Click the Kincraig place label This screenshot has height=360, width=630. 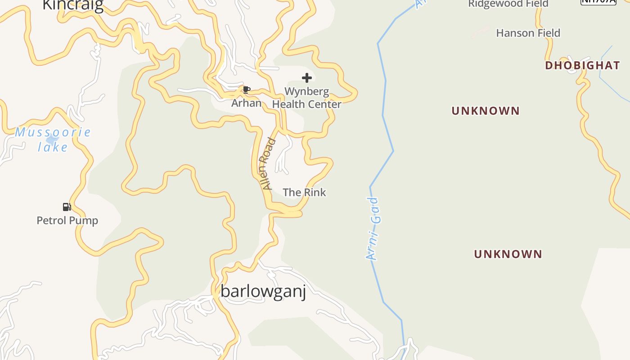(73, 4)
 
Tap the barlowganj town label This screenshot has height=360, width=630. (263, 292)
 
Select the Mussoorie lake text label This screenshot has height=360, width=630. (53, 139)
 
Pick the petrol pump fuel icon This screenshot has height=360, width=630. (67, 207)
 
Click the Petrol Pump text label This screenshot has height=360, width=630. (67, 220)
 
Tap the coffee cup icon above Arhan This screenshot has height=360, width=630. (246, 90)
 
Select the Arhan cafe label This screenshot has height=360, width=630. (246, 103)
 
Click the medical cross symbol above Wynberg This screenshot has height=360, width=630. (307, 78)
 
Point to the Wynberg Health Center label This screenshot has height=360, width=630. (307, 98)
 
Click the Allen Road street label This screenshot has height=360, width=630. (268, 164)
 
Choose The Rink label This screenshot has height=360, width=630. (304, 193)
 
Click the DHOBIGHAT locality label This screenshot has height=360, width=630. (582, 66)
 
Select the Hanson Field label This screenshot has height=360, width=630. (528, 33)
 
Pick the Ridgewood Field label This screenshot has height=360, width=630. (508, 4)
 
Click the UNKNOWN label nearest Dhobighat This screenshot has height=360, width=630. (486, 111)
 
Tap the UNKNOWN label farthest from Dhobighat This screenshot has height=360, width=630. (508, 254)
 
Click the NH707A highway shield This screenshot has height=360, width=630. (598, 1)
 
